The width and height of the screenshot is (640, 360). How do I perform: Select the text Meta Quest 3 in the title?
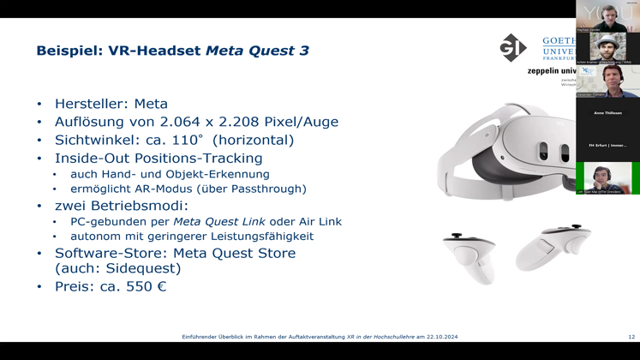click(257, 51)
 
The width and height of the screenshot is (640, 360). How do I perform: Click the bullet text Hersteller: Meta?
click(111, 104)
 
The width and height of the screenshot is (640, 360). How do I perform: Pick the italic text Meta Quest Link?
click(219, 221)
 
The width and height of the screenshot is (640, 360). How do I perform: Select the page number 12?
click(631, 337)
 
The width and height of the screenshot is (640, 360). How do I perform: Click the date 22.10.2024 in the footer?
click(437, 337)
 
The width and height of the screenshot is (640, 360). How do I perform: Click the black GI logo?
click(513, 48)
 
